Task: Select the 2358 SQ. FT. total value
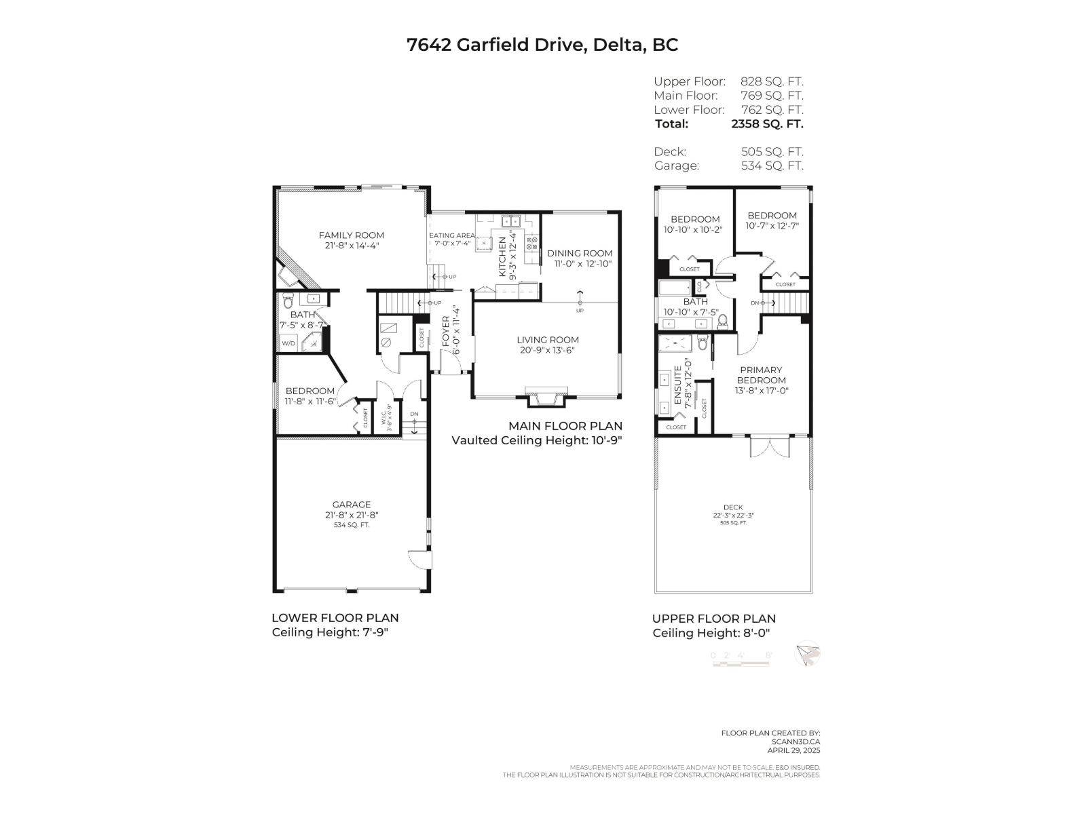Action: coord(766,124)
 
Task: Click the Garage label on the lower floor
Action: coord(351,504)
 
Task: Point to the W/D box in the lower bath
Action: coord(288,344)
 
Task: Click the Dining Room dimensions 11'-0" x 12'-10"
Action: coord(580,263)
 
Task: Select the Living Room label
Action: coord(547,340)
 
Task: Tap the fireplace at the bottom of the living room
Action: coord(546,398)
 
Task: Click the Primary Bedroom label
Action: coord(761,375)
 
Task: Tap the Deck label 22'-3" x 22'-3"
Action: coord(733,515)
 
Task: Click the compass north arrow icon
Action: coord(807,654)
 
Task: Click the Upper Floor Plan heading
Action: coord(713,619)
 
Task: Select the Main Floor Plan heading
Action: coord(565,426)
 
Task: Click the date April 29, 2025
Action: coord(793,750)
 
